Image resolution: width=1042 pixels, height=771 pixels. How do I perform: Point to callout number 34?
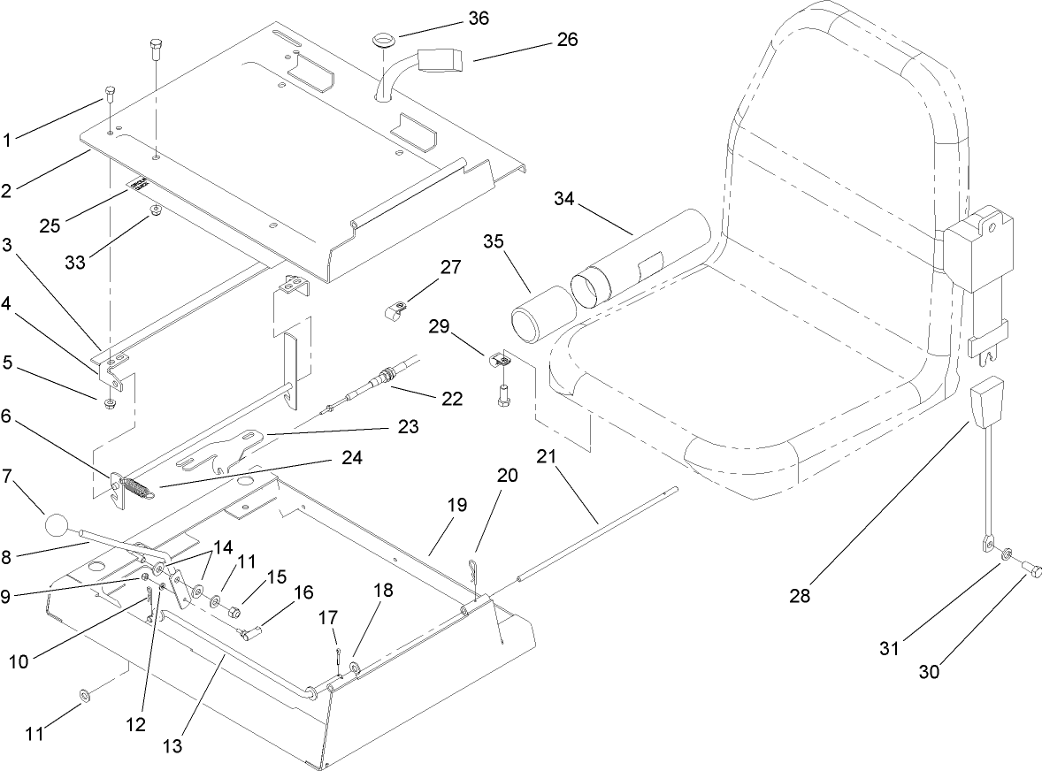pos(563,198)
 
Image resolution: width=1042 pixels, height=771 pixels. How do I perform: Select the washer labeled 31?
pos(1010,554)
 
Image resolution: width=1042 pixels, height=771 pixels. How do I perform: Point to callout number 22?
pos(451,399)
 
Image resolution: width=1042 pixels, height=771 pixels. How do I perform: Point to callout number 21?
pos(547,457)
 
